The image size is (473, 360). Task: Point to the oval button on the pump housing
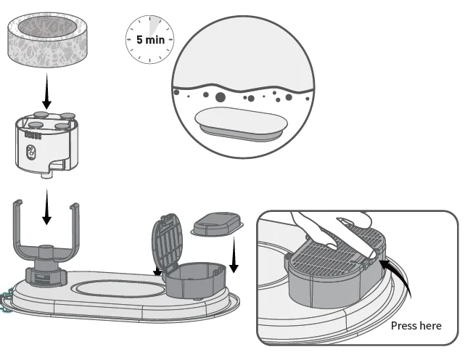[30, 152]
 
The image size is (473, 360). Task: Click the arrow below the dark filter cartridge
[234, 257]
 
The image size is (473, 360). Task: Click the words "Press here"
[416, 325]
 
